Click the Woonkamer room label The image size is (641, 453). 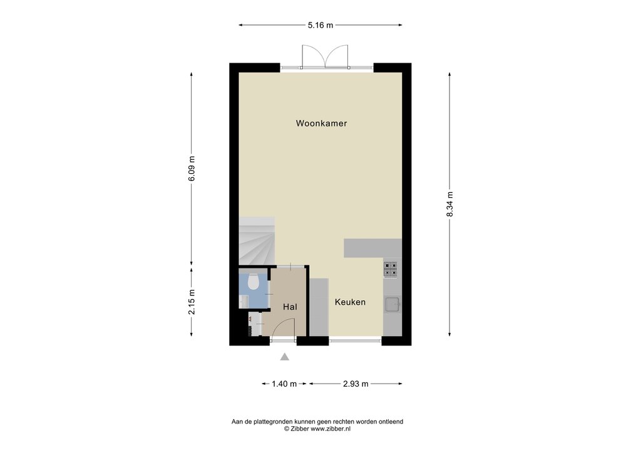click(321, 123)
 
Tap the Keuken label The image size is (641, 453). click(350, 302)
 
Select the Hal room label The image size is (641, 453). click(290, 307)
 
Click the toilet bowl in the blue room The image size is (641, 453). click(254, 282)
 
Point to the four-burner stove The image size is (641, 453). click(391, 270)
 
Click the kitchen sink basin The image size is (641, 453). click(392, 304)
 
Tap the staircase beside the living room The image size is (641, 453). click(257, 241)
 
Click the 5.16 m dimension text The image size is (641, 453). click(320, 25)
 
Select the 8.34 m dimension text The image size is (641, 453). click(449, 204)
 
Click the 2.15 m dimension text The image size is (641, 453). click(192, 302)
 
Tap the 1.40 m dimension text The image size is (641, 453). click(285, 384)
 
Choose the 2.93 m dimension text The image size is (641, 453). click(356, 384)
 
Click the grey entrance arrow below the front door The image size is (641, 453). click(285, 357)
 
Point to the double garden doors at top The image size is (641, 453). click(325, 56)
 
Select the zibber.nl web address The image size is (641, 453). click(331, 429)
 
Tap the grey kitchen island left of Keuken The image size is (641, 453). click(319, 307)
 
